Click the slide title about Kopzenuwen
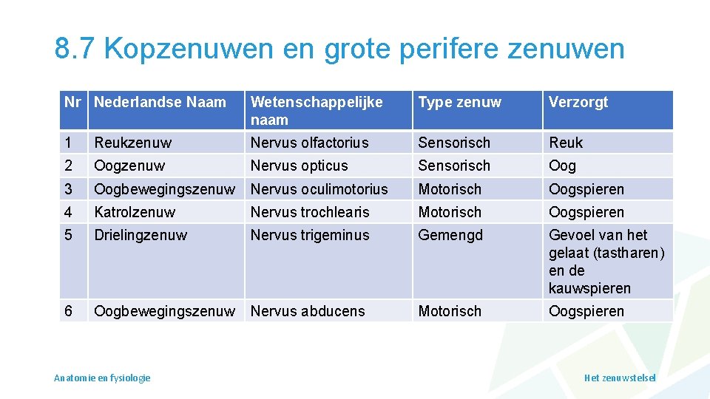pyautogui.click(x=339, y=49)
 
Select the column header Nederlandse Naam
pyautogui.click(x=160, y=103)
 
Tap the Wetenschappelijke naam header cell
pyautogui.click(x=317, y=111)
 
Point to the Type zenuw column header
pyautogui.click(x=459, y=103)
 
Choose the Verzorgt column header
pyautogui.click(x=578, y=103)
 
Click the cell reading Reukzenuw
pyautogui.click(x=133, y=143)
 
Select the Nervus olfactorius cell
pyautogui.click(x=309, y=143)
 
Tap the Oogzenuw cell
pyautogui.click(x=129, y=166)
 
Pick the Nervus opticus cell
pyautogui.click(x=299, y=166)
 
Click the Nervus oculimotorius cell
pyautogui.click(x=319, y=189)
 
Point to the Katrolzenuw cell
pyautogui.click(x=135, y=212)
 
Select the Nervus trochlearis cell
pyautogui.click(x=310, y=212)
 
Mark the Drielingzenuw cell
pyautogui.click(x=141, y=235)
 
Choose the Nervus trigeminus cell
pyautogui.click(x=309, y=235)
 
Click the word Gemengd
pyautogui.click(x=450, y=235)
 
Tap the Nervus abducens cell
pyautogui.click(x=308, y=311)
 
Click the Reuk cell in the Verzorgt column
pyautogui.click(x=566, y=143)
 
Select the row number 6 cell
pyautogui.click(x=68, y=311)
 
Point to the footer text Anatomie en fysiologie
pyautogui.click(x=102, y=378)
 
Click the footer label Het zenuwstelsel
pyautogui.click(x=620, y=378)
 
